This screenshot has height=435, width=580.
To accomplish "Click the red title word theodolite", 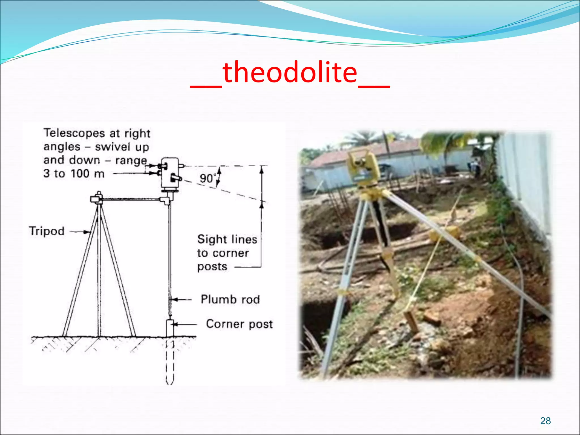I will pyautogui.click(x=290, y=73).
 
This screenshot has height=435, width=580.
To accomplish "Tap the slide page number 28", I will pyautogui.click(x=545, y=421).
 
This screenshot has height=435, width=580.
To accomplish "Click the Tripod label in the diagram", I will pyautogui.click(x=47, y=231).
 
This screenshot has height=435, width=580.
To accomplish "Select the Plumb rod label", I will pyautogui.click(x=230, y=299).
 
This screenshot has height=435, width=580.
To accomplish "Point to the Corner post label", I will pyautogui.click(x=239, y=324).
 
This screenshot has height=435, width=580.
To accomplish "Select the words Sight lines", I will pyautogui.click(x=227, y=239).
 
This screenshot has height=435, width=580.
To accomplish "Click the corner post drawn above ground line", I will pyautogui.click(x=170, y=328).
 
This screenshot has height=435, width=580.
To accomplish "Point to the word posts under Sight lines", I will pyautogui.click(x=212, y=266).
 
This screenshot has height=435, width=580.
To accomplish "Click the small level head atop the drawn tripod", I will pyautogui.click(x=97, y=197).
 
